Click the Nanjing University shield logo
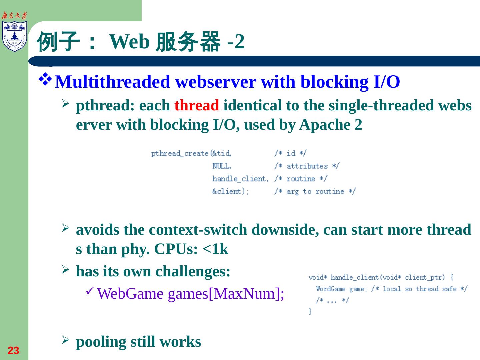coord(14,36)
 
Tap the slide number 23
coord(13,351)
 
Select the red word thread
coord(197,106)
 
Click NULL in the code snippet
coord(222,166)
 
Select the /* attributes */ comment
coord(307,166)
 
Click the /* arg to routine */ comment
coord(315,191)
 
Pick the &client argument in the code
coord(230,191)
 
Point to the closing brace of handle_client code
coord(310,311)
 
